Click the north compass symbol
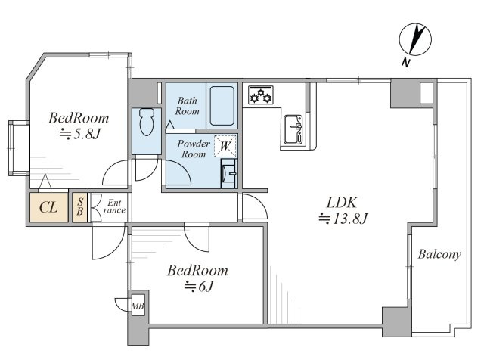pos(415,39)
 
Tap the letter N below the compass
pos(406,63)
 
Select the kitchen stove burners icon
pos(261,95)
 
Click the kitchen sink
pos(293,129)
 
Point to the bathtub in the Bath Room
pos(222,106)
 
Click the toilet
pos(146,122)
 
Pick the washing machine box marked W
pos(225,146)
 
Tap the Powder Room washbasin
pos(228,173)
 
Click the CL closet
pos(48,207)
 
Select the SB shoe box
pos(80,207)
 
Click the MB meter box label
pos(138,306)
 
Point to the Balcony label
pos(439,254)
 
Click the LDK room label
pos(342,203)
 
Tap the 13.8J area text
pos(343,219)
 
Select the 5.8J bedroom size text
pos(80,135)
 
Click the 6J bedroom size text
pos(199,287)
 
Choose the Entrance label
pos(114,206)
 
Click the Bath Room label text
pos(187,106)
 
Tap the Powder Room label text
pos(194,149)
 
